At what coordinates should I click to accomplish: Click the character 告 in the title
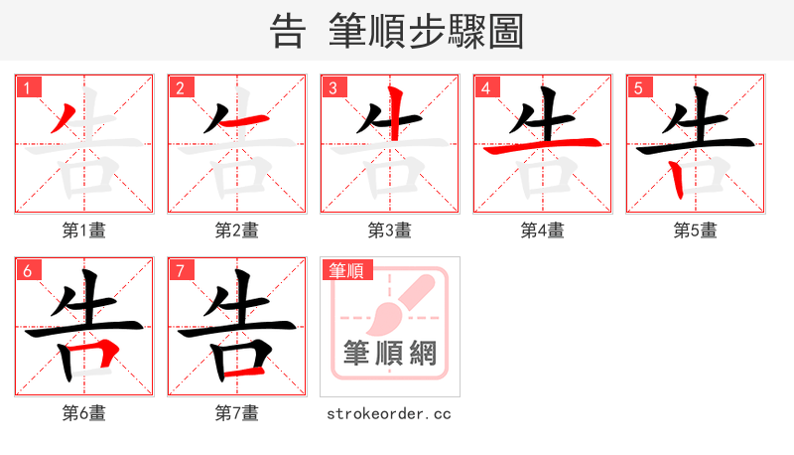[x=287, y=31]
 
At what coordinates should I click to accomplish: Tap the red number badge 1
[x=27, y=87]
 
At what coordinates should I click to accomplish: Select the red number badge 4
[x=485, y=87]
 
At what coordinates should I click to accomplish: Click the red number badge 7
[x=180, y=270]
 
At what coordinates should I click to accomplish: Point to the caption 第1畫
[x=84, y=230]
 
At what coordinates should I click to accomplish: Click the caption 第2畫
[x=237, y=230]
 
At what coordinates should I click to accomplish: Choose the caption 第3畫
[x=390, y=230]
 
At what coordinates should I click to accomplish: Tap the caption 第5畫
[x=696, y=230]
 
